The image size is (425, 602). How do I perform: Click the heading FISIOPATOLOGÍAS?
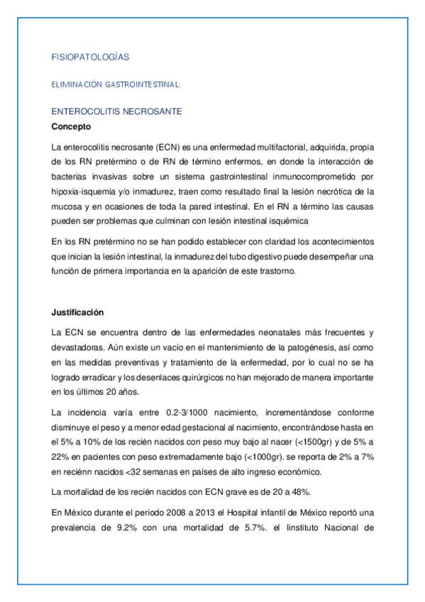coord(90,56)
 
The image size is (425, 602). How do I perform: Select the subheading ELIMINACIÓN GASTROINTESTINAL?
coord(116,84)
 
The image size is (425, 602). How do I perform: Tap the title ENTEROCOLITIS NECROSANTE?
coord(117,111)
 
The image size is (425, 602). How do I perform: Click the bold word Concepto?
coord(72,127)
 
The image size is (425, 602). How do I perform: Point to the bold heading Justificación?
coord(78,312)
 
